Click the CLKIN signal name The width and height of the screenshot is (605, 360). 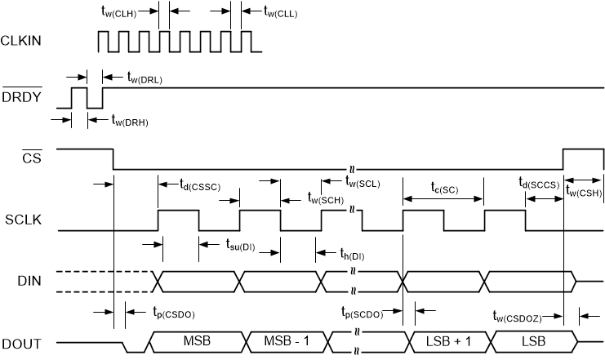click(x=21, y=40)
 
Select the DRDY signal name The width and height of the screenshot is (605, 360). click(x=20, y=97)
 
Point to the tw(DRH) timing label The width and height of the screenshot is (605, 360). click(x=130, y=122)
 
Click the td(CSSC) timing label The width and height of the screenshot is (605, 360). click(x=204, y=185)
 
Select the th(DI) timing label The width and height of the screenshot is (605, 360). click(x=352, y=255)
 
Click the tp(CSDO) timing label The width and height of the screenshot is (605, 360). click(x=174, y=312)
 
